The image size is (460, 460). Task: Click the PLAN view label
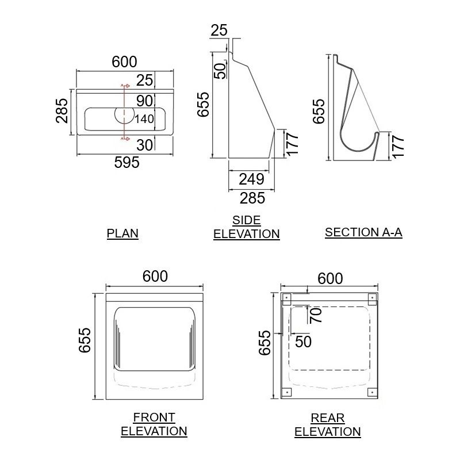[x=122, y=233]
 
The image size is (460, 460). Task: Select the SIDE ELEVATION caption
[x=246, y=227]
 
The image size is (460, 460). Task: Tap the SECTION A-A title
[x=363, y=232]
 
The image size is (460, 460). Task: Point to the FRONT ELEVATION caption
[x=154, y=424]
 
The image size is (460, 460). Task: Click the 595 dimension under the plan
[x=127, y=163]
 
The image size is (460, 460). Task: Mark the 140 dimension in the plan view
[x=144, y=119]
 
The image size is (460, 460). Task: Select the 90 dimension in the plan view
[x=145, y=101]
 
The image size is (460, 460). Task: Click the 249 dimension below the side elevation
[x=252, y=179]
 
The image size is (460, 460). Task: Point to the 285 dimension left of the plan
[x=62, y=110]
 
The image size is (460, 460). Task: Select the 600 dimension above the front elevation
[x=155, y=277]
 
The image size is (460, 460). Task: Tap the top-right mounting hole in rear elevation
[x=371, y=297]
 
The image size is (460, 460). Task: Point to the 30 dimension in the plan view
[x=145, y=145]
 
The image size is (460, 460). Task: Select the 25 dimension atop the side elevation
[x=218, y=30]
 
